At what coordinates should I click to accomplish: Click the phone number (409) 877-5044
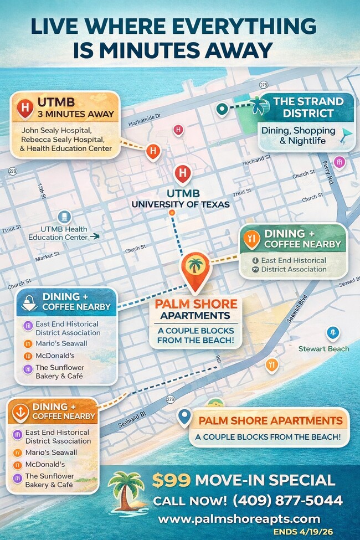point(287,501)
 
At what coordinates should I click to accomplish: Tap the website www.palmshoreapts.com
point(239,519)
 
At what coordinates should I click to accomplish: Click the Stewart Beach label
point(323,348)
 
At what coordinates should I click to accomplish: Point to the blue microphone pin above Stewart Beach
point(332,332)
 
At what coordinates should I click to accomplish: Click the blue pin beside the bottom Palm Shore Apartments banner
point(184,416)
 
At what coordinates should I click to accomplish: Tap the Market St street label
point(47,258)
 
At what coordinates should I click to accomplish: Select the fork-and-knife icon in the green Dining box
point(252,238)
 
